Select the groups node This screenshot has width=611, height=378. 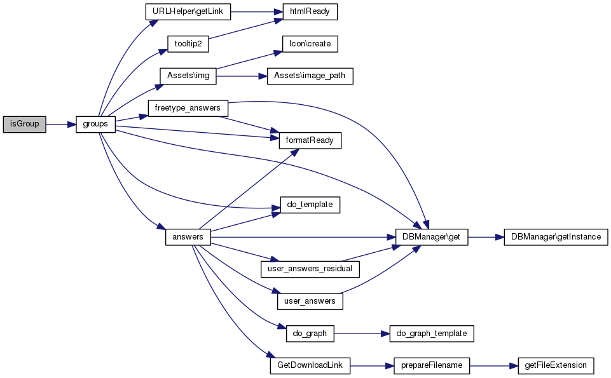pyautogui.click(x=95, y=125)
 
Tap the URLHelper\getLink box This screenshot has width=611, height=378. pyautogui.click(x=188, y=11)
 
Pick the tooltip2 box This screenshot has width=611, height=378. pyautogui.click(x=188, y=44)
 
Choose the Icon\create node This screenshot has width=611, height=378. pyautogui.click(x=305, y=44)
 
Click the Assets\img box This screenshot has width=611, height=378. pyautogui.click(x=188, y=76)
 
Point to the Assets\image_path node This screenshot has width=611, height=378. pyautogui.click(x=310, y=76)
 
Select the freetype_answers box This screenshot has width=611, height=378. pyautogui.click(x=188, y=108)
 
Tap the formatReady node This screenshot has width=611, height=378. pyautogui.click(x=310, y=140)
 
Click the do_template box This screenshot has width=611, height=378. pyautogui.click(x=310, y=205)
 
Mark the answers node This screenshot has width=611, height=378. pyautogui.click(x=188, y=237)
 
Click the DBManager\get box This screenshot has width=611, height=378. pyautogui.click(x=432, y=237)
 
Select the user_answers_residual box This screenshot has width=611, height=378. pyautogui.click(x=310, y=269)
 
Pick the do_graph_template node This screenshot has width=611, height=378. pyautogui.click(x=431, y=333)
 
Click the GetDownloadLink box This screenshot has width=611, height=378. pyautogui.click(x=310, y=365)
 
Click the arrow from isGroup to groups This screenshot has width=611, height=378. pyautogui.click(x=61, y=125)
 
